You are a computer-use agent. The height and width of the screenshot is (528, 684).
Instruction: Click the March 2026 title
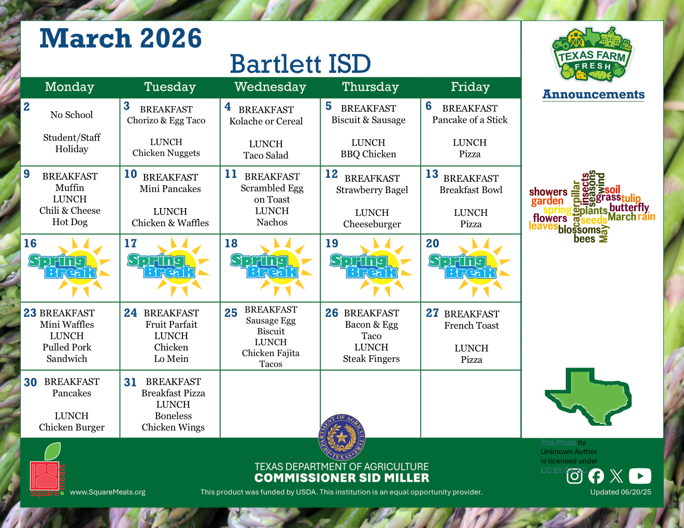click(x=120, y=39)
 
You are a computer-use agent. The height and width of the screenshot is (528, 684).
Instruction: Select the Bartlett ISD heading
click(x=300, y=64)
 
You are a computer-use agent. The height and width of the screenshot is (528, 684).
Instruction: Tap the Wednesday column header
click(x=270, y=87)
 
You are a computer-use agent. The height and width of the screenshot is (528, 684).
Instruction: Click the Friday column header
click(x=470, y=87)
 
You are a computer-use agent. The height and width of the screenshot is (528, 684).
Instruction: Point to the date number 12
click(x=332, y=174)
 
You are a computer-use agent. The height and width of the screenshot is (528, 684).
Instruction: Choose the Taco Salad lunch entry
click(x=266, y=155)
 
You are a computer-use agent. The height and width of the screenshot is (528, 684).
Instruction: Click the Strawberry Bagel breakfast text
click(x=372, y=190)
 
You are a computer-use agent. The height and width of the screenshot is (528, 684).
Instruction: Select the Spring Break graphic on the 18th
click(x=272, y=267)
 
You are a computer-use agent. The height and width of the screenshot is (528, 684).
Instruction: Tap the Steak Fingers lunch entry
click(x=371, y=359)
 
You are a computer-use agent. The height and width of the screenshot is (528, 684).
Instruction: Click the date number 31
click(x=130, y=383)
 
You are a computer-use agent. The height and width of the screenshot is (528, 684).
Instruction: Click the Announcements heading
click(x=593, y=95)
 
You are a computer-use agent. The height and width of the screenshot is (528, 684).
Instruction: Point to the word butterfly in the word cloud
click(x=629, y=208)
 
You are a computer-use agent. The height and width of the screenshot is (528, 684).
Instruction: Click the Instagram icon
click(x=574, y=476)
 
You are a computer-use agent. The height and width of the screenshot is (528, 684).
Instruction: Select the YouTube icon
click(x=640, y=476)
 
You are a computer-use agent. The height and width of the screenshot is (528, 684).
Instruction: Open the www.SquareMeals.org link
click(x=108, y=492)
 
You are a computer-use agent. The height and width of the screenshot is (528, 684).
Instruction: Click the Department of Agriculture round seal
click(x=341, y=438)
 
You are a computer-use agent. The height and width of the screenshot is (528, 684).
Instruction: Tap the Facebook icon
click(x=596, y=476)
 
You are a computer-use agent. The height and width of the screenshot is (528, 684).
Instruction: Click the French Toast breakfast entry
click(x=472, y=326)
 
